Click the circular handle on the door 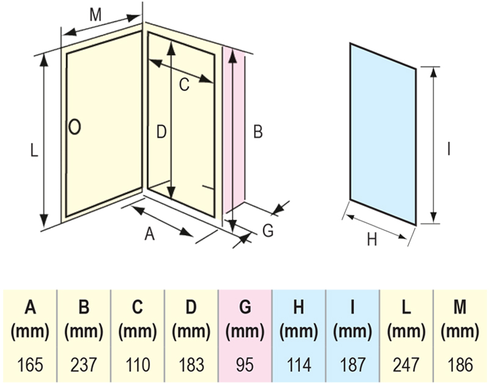click(75, 126)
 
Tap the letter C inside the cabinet click(184, 85)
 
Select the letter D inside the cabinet click(161, 131)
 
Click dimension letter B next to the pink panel click(258, 131)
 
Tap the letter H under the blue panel click(372, 240)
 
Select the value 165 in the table click(30, 364)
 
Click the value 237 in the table click(84, 364)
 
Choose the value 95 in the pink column click(244, 364)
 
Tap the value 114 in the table click(298, 364)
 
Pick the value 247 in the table click(406, 364)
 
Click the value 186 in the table click(460, 364)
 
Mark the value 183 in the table click(191, 364)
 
